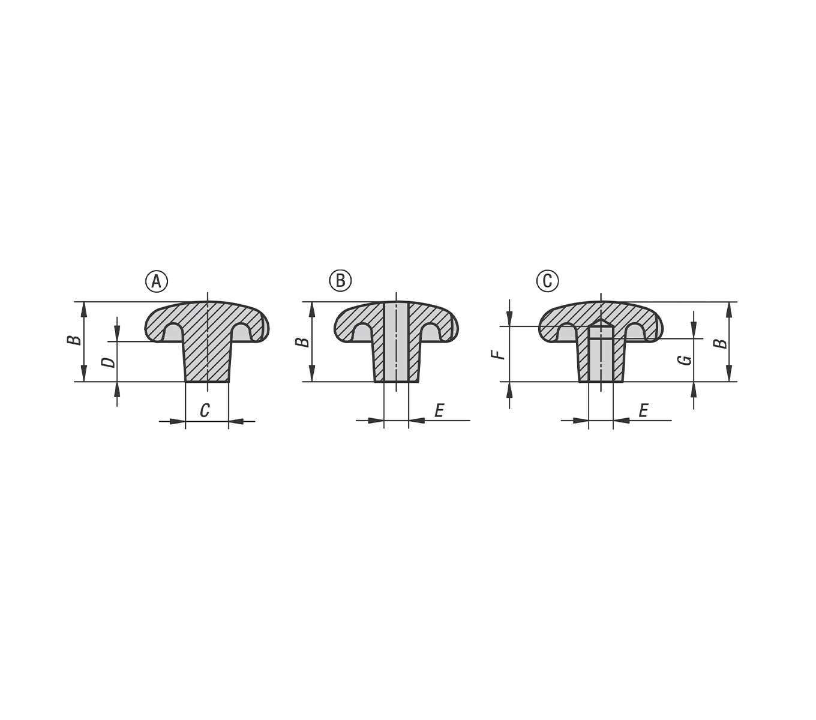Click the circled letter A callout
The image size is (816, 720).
pyautogui.click(x=156, y=281)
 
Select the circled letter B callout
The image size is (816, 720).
pyautogui.click(x=340, y=280)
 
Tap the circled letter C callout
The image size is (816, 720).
pyautogui.click(x=547, y=280)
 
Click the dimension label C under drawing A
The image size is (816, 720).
pyautogui.click(x=205, y=410)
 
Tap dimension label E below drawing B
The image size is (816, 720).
pyautogui.click(x=439, y=410)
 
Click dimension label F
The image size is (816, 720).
pyautogui.click(x=498, y=355)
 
